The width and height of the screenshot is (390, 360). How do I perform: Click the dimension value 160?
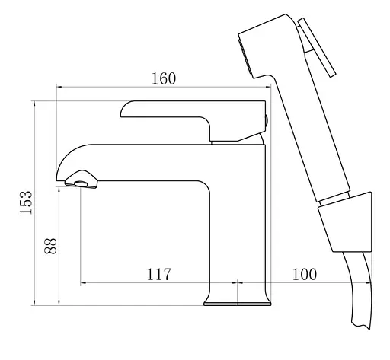click(164, 78)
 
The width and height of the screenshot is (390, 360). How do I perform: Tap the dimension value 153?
click(26, 202)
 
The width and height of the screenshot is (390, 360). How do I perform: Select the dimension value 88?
click(50, 246)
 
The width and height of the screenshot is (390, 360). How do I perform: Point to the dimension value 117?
click(159, 274)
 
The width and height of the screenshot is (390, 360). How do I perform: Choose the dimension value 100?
click(305, 274)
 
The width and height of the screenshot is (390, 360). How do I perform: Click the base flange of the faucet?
click(238, 304)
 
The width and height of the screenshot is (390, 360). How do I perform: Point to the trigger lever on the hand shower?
click(317, 47)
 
